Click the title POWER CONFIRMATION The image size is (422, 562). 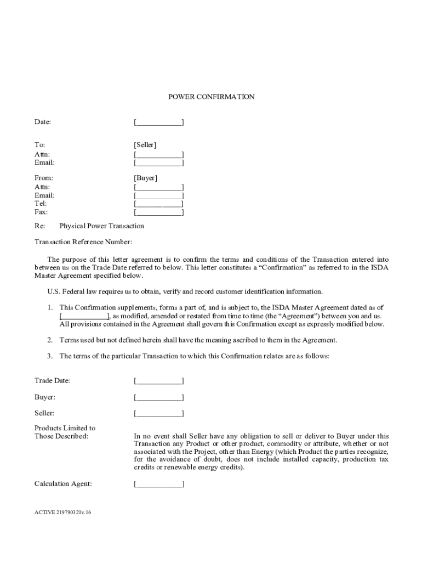(x=211, y=97)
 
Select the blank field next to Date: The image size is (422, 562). (x=159, y=122)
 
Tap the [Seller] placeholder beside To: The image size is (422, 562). (x=145, y=145)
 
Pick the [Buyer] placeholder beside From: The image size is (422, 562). (x=145, y=178)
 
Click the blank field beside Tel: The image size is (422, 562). (x=159, y=204)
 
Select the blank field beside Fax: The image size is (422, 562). (x=159, y=212)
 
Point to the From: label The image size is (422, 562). (x=44, y=178)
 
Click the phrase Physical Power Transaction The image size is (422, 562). (x=101, y=226)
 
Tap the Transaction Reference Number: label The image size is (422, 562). (x=83, y=242)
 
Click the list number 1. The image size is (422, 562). (x=49, y=307)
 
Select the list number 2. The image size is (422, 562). (x=49, y=340)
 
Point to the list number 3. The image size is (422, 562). (x=49, y=356)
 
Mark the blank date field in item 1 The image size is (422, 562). (x=84, y=316)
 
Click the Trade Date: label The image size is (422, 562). (x=52, y=380)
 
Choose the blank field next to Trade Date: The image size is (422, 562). (x=159, y=380)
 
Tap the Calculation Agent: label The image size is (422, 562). (x=63, y=484)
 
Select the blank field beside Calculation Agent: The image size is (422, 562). (x=159, y=484)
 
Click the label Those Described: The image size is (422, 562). (x=61, y=436)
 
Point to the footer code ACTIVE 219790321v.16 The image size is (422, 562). (x=64, y=512)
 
